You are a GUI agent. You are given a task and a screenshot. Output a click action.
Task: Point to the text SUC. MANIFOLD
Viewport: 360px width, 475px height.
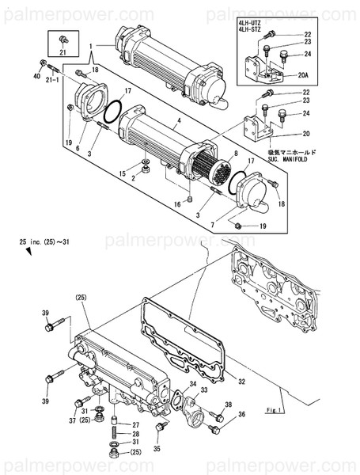coord(292,158)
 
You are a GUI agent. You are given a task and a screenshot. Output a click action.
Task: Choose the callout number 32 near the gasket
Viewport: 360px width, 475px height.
coord(241,381)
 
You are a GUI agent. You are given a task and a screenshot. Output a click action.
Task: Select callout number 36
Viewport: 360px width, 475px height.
coord(241,414)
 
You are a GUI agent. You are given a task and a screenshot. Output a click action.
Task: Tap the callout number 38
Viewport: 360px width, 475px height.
coord(229,405)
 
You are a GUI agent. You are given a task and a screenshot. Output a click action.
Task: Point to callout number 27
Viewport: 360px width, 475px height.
coord(135,425)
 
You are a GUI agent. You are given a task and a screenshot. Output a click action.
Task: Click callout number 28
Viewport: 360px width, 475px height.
coord(135,434)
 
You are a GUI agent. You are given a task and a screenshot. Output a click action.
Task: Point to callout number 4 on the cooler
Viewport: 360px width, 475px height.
coord(179,120)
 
